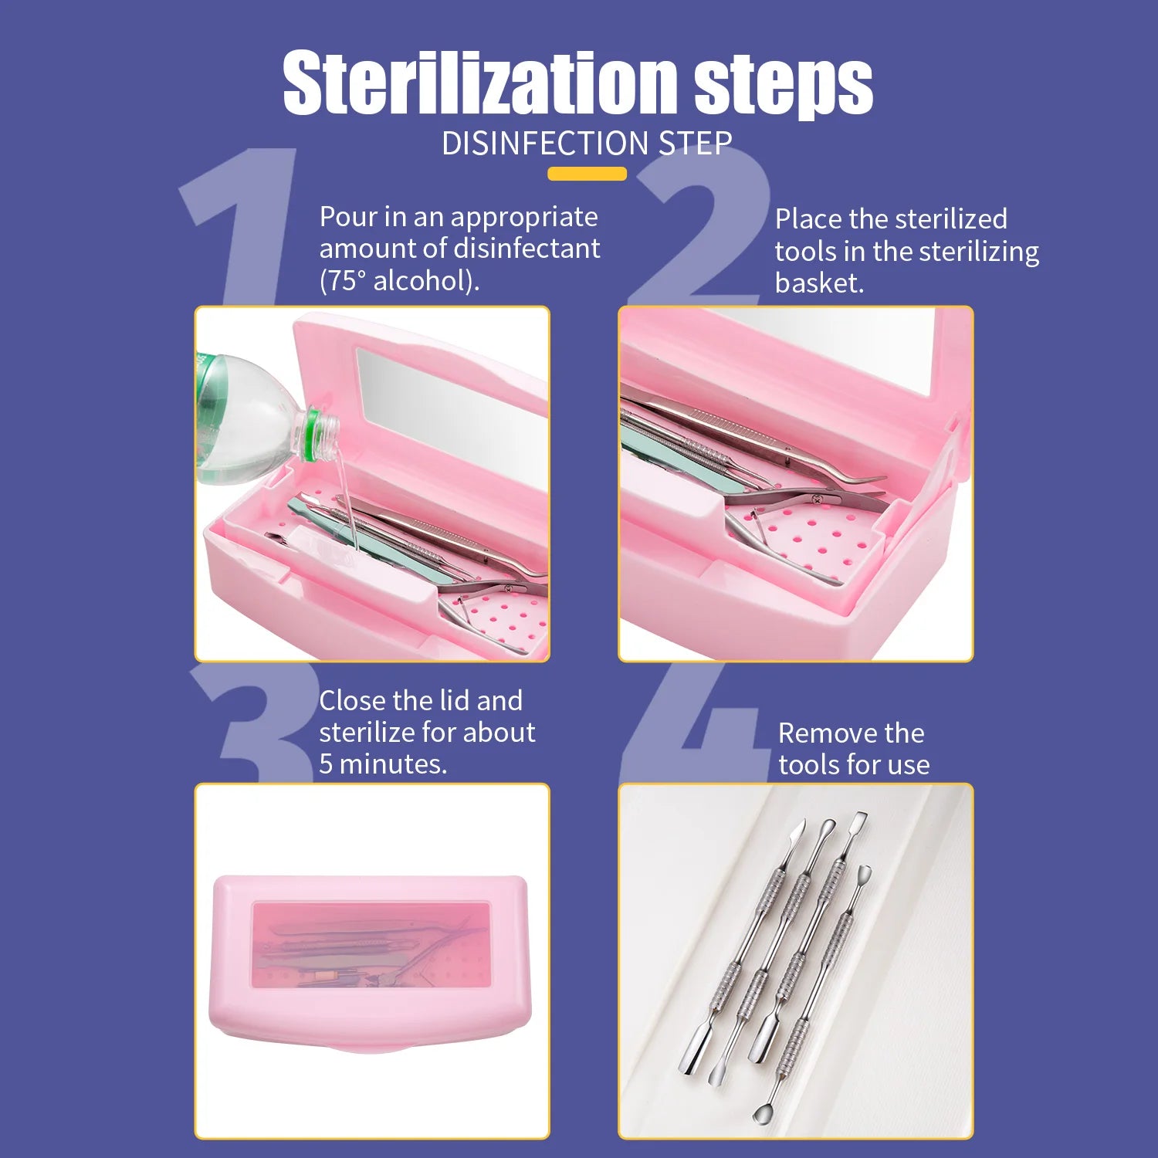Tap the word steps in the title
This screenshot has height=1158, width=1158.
[783, 85]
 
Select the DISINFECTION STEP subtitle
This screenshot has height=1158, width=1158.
[587, 144]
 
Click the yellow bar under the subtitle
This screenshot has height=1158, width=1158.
[587, 174]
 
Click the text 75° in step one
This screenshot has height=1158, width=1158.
[346, 280]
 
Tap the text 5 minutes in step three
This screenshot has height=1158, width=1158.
[383, 764]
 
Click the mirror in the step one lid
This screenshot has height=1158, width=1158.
[448, 409]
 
